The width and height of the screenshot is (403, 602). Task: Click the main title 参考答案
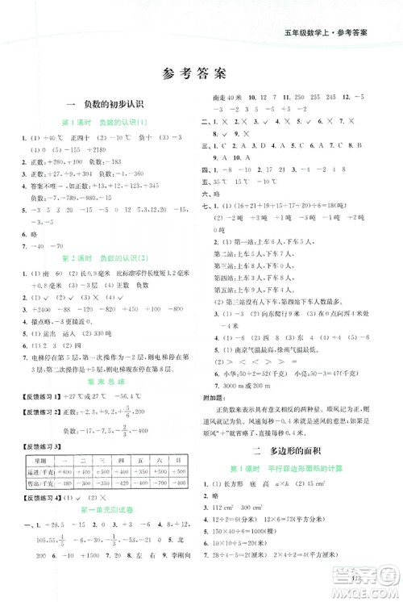click(x=201, y=71)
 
